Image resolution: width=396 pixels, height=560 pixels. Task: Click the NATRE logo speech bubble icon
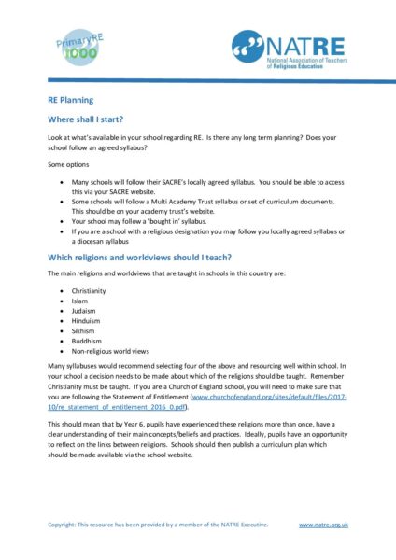pos(247,47)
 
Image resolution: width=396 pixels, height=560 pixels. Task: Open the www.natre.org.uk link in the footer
pos(323,525)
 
